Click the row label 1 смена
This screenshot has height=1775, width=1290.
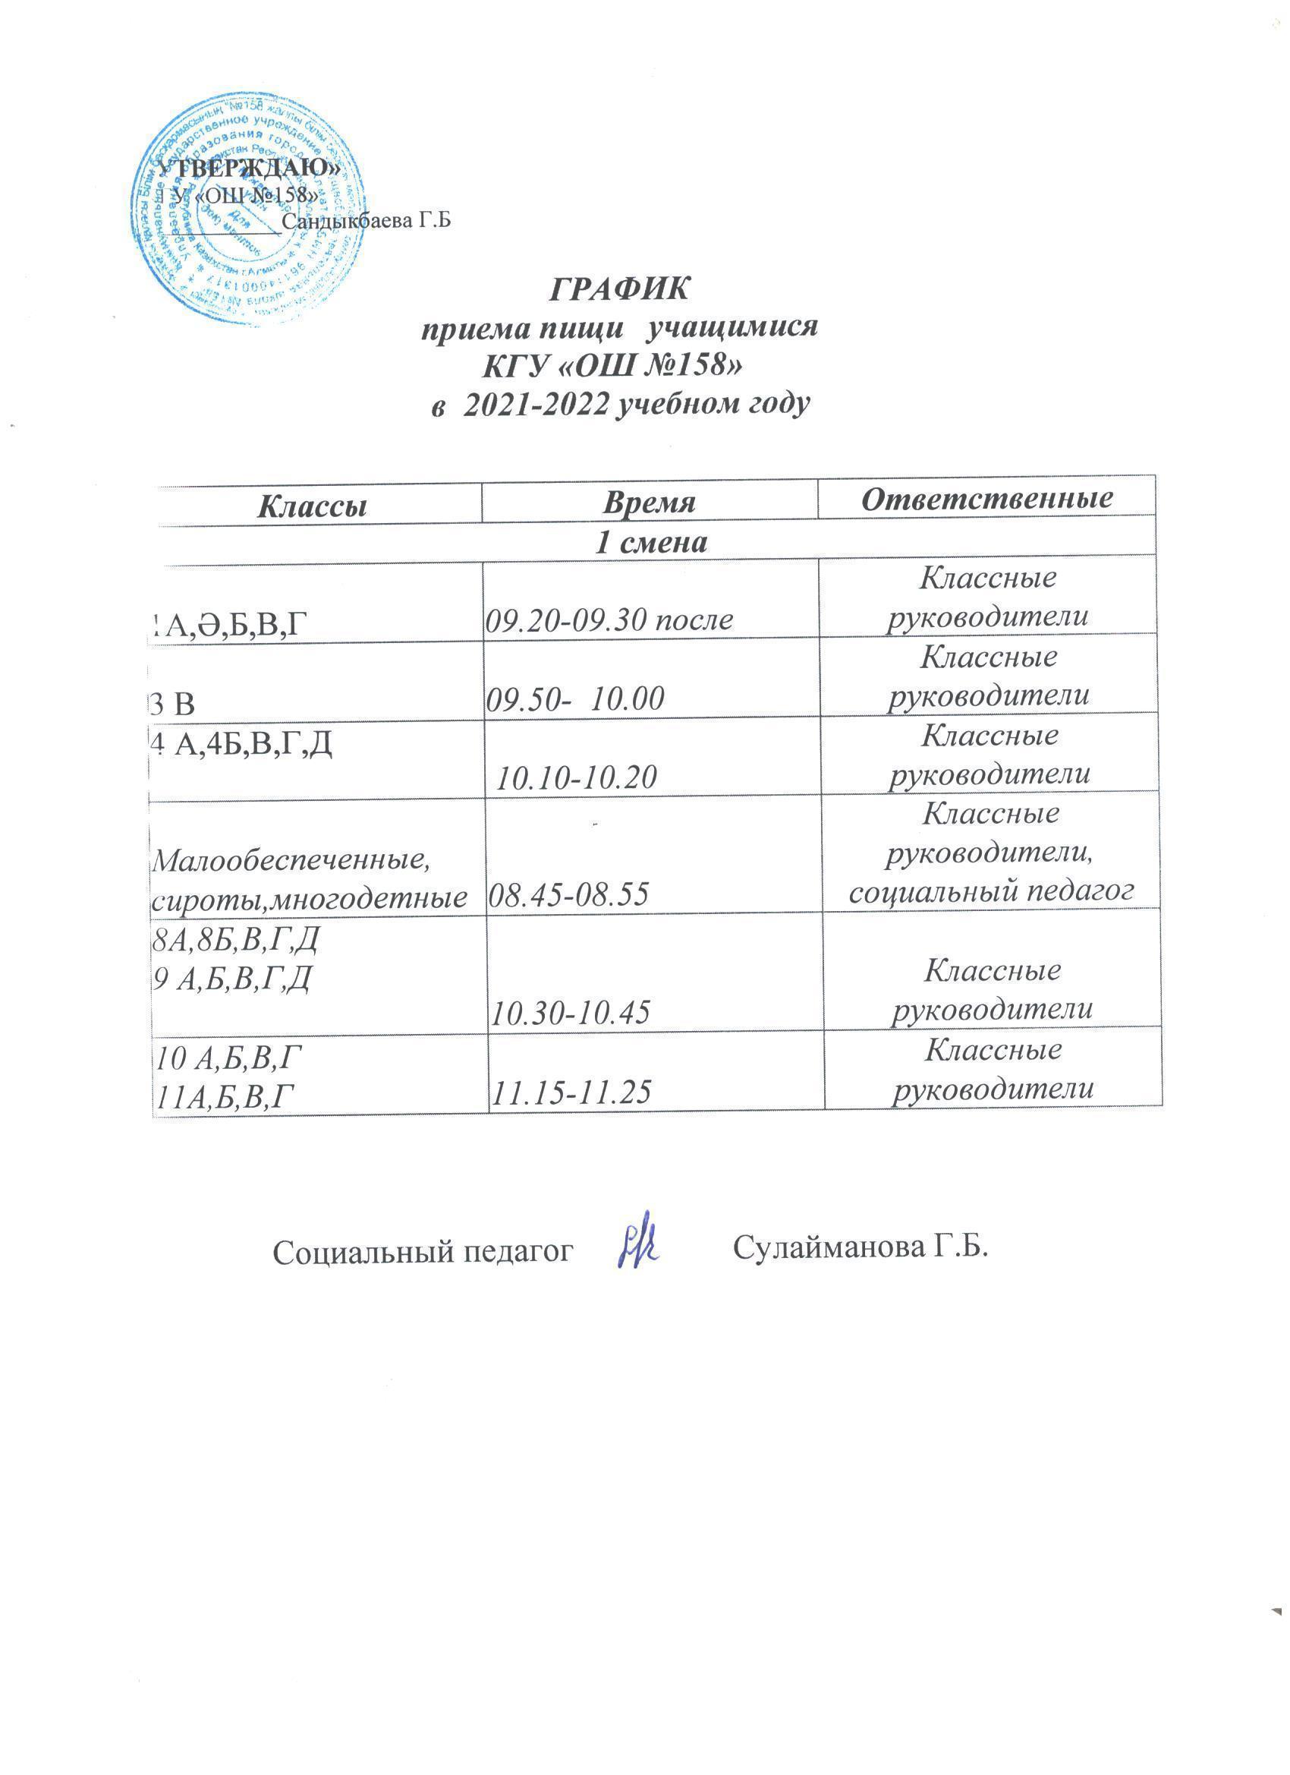tap(651, 543)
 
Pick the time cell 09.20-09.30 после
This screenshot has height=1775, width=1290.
tap(610, 620)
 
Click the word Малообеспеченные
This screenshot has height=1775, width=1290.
tap(293, 861)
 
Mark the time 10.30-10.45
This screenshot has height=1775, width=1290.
tap(571, 1014)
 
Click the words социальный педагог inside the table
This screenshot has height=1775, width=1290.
tap(991, 891)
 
